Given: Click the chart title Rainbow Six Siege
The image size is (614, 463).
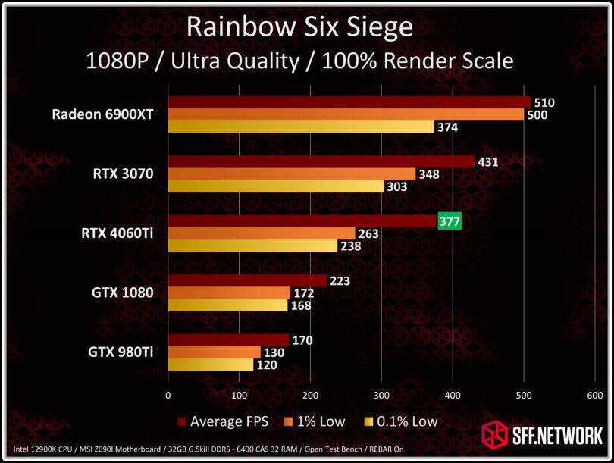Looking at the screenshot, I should (299, 27).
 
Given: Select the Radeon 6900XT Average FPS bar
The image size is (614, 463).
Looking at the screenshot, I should (349, 102).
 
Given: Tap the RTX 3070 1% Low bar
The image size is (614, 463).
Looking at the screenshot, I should (292, 174).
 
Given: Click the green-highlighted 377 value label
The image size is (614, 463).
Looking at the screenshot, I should (450, 221).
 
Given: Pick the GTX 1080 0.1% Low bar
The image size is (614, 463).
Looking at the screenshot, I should (227, 305).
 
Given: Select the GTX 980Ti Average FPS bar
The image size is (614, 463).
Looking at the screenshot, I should (228, 340).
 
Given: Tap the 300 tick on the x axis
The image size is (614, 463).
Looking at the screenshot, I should (381, 395).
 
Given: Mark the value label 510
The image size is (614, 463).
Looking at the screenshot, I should (543, 102).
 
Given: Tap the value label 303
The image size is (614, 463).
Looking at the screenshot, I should (396, 186).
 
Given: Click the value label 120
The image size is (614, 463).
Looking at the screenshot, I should (265, 364).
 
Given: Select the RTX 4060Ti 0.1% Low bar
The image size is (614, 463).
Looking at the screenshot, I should (252, 246).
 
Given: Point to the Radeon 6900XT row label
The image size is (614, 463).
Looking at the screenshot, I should (103, 115).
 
